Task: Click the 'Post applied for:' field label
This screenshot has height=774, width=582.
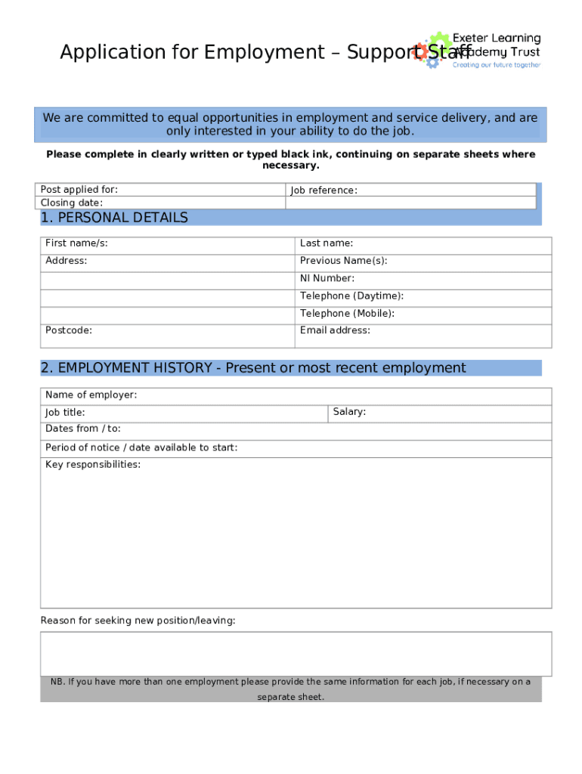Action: click(79, 190)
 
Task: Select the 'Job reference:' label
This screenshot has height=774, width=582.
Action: click(324, 190)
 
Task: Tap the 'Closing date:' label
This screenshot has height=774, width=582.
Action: click(72, 203)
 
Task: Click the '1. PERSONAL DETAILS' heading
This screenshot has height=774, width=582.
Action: click(114, 218)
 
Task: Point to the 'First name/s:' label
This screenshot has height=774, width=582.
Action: click(76, 243)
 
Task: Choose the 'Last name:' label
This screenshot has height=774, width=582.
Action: click(327, 243)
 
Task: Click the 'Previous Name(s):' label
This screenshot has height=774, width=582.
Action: click(343, 261)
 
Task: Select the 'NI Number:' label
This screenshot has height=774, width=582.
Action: click(327, 278)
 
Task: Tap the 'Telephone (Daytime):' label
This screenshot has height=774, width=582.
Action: click(351, 296)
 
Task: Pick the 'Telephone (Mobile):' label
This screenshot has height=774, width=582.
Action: click(347, 313)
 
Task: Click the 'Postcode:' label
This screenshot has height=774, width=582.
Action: click(69, 330)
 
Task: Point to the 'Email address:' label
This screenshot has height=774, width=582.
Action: click(335, 330)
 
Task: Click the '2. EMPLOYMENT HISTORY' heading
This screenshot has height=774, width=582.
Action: click(253, 368)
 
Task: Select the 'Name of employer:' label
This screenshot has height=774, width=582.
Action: click(91, 395)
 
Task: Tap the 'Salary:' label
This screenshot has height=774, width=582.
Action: click(349, 412)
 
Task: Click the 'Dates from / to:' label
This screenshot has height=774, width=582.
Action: click(83, 429)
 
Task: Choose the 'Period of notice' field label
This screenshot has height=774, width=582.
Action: click(141, 447)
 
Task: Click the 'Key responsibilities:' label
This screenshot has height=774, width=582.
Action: click(93, 465)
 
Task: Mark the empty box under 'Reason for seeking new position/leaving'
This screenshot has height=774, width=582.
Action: click(296, 654)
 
